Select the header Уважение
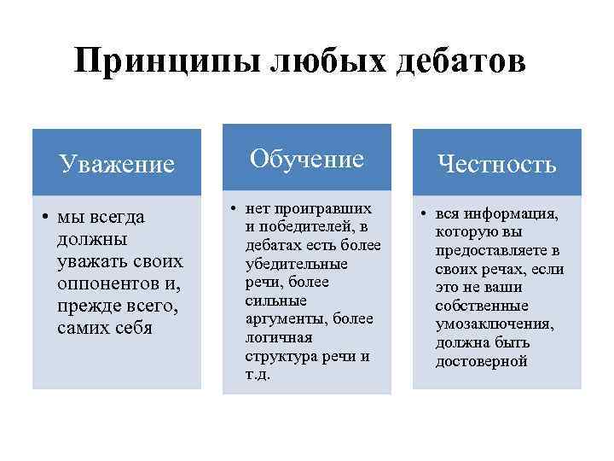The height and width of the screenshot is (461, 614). (x=117, y=163)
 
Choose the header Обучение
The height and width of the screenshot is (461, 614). (x=306, y=158)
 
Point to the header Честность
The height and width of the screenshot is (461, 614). (x=497, y=164)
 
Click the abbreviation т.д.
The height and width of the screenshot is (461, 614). (x=257, y=375)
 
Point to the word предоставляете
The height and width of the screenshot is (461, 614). (x=484, y=250)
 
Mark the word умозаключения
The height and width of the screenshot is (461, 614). (x=494, y=324)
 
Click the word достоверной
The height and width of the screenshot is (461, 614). (x=481, y=362)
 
